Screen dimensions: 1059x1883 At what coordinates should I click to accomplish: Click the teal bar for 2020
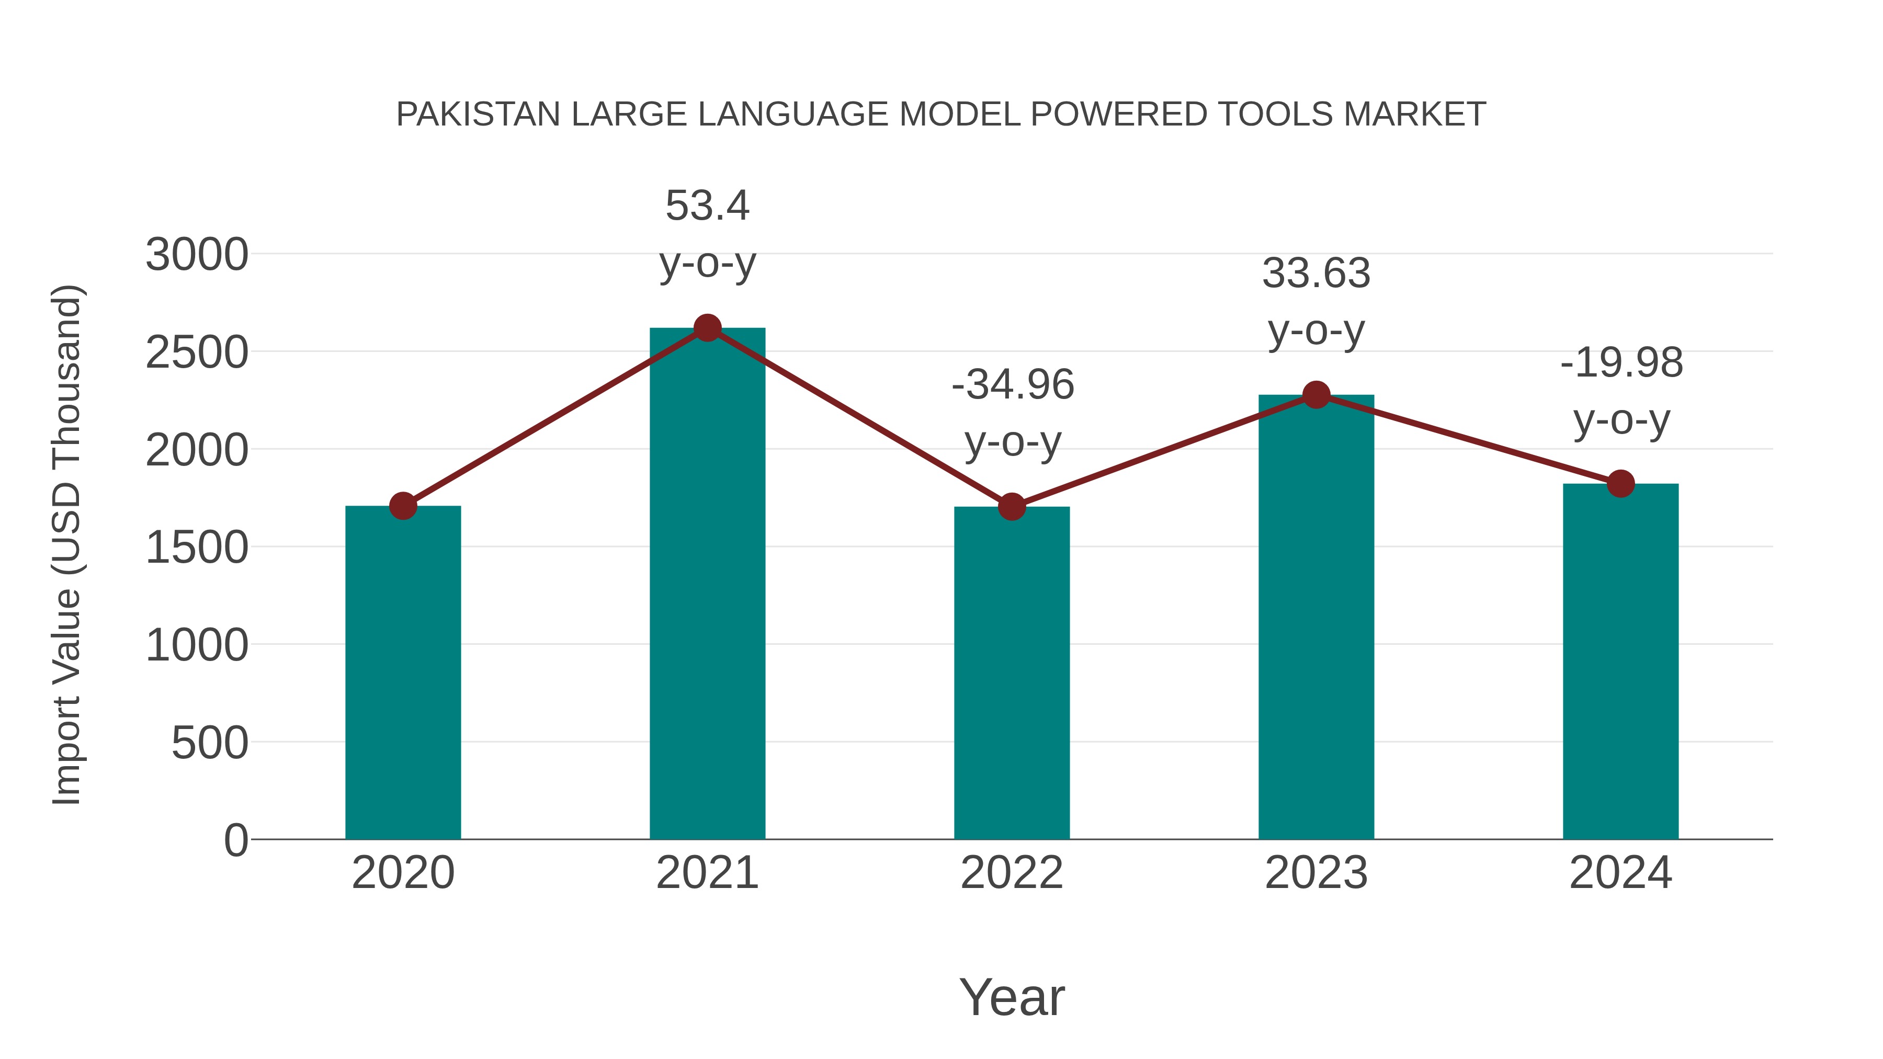tap(403, 673)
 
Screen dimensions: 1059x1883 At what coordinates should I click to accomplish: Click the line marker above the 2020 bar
tap(403, 506)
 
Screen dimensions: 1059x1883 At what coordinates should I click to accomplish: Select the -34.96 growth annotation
tap(1013, 385)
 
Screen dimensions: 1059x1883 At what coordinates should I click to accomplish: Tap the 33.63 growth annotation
tap(1316, 274)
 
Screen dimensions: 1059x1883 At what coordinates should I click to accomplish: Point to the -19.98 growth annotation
tap(1621, 363)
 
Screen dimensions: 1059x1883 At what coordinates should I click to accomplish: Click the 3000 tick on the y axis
tap(197, 256)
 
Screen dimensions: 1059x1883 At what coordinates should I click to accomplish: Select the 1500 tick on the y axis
tap(197, 548)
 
